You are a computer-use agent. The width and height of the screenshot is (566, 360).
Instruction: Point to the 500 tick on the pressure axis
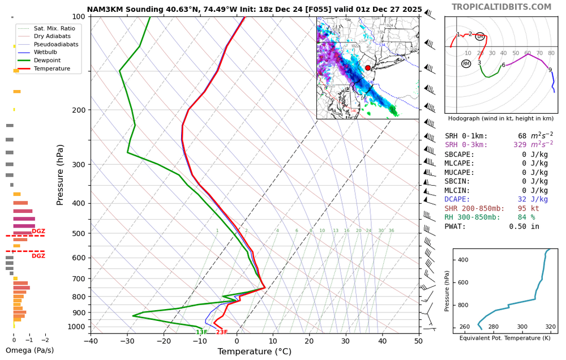click(x=79, y=233)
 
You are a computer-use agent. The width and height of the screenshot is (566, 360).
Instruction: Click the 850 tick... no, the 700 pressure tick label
click(x=79, y=278)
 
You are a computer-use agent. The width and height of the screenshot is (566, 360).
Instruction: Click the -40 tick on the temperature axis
click(x=91, y=341)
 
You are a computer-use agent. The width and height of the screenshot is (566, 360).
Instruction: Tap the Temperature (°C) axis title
click(x=254, y=352)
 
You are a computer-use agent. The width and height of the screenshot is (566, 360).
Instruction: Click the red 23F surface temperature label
click(x=221, y=332)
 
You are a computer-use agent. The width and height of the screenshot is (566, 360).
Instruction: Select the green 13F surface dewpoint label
click(x=201, y=332)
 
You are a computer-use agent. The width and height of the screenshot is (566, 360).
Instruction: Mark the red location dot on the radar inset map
click(x=368, y=68)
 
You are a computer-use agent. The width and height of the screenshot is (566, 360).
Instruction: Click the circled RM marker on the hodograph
click(x=466, y=64)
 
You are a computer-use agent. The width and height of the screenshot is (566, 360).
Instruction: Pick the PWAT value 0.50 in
click(x=529, y=226)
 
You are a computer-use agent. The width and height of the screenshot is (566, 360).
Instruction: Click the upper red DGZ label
click(x=38, y=231)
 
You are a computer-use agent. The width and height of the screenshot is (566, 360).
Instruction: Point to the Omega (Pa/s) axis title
click(x=29, y=350)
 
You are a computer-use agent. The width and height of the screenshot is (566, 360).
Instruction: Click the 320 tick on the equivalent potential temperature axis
click(x=550, y=327)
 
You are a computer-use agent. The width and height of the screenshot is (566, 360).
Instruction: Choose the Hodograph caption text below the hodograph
click(x=500, y=118)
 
